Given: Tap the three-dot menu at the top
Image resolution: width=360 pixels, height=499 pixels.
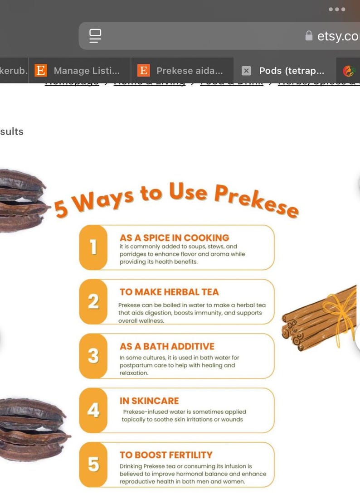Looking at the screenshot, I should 337,10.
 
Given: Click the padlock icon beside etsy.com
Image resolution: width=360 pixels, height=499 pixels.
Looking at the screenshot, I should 309,36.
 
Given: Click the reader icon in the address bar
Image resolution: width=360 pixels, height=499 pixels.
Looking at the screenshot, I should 95,36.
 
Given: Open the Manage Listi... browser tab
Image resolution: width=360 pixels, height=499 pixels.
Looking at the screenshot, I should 80,71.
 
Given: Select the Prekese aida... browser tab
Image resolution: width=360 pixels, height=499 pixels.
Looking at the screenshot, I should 182,71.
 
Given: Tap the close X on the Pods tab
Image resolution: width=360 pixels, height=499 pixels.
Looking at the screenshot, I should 246,71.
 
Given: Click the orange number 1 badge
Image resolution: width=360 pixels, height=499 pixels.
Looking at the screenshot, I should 93,247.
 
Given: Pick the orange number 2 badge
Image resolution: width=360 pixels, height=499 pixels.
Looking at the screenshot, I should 93,301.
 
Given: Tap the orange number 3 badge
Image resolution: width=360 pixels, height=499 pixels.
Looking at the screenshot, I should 93,356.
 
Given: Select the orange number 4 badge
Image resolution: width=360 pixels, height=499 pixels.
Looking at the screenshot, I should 93,410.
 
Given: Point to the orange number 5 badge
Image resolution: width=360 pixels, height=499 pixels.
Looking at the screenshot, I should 93,465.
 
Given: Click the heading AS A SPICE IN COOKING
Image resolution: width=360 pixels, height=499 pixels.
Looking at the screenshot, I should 174,237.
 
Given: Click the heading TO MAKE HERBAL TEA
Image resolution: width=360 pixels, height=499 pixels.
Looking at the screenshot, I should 169,292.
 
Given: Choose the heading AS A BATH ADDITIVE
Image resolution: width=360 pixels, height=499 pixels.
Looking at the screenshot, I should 167,346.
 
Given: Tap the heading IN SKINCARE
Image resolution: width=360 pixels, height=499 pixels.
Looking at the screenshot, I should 149,401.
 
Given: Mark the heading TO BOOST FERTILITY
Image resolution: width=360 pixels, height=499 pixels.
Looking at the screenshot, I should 166,455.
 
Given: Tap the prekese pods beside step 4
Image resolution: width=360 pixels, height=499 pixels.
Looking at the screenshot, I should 32,428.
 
